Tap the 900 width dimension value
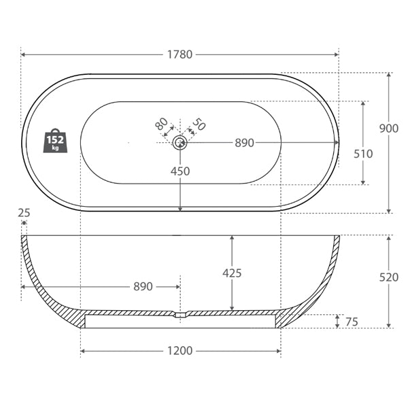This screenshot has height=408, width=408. pyautogui.click(x=388, y=129)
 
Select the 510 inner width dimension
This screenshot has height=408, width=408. pyautogui.click(x=363, y=154)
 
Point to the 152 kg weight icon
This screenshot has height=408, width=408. pyautogui.click(x=56, y=141)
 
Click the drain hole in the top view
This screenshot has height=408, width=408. pyautogui.click(x=180, y=142)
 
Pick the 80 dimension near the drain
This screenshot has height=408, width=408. pyautogui.click(x=161, y=124)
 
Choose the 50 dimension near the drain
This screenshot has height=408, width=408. pyautogui.click(x=199, y=124)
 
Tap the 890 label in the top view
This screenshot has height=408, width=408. pyautogui.click(x=244, y=143)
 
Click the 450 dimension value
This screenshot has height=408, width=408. pyautogui.click(x=180, y=171)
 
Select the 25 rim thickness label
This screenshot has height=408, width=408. pyautogui.click(x=24, y=213)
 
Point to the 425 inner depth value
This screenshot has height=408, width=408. pyautogui.click(x=232, y=273)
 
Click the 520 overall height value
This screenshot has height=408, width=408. pyautogui.click(x=388, y=277)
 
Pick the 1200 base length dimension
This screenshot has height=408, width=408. pyautogui.click(x=180, y=351)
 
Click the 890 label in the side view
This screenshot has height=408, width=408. pyautogui.click(x=142, y=287)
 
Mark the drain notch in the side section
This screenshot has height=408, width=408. pyautogui.click(x=180, y=315)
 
